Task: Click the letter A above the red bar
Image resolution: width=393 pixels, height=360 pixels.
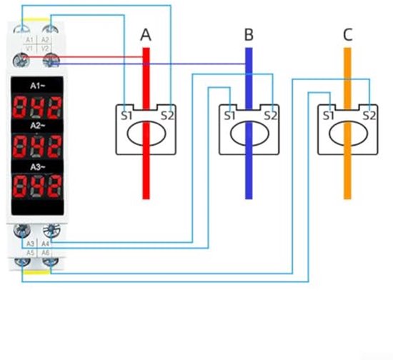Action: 146,35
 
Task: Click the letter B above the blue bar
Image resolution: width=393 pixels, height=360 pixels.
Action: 249,35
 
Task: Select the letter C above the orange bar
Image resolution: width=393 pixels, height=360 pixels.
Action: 347,35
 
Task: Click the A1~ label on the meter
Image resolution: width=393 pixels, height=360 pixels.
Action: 39,84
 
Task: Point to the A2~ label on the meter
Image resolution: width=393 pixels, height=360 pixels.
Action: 39,124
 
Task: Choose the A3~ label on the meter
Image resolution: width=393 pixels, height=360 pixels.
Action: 39,166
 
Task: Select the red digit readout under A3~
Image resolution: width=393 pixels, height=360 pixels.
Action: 39,187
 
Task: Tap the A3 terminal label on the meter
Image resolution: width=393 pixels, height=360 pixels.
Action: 30,244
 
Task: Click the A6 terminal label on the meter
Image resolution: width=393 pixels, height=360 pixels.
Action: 46,253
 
